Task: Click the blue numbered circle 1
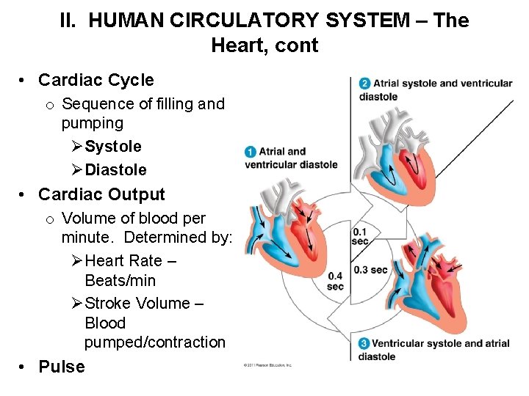point(251,152)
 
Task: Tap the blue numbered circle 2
point(365,83)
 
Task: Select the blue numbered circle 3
point(364,343)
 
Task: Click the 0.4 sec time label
point(335,281)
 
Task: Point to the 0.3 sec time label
point(370,269)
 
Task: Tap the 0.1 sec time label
point(360,236)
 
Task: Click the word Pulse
point(62,367)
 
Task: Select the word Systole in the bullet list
point(113,147)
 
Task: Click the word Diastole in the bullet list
point(116,170)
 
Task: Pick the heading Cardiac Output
point(101,194)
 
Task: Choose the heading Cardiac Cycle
point(96,80)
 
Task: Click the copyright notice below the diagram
point(267,364)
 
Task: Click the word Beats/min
point(120,280)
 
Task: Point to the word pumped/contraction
point(155,342)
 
